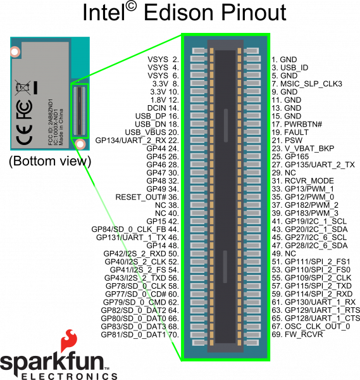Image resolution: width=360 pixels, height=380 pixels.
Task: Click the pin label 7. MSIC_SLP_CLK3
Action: point(307,84)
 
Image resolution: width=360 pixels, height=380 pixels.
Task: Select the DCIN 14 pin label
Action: point(163,108)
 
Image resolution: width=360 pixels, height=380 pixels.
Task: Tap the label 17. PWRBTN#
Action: point(297,124)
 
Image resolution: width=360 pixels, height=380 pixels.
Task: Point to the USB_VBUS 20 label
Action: point(152,132)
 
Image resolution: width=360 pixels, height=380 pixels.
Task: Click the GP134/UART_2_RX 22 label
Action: point(137,141)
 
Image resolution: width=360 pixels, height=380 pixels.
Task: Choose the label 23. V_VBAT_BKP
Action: point(303,149)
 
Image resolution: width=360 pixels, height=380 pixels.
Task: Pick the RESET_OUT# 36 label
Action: point(147,197)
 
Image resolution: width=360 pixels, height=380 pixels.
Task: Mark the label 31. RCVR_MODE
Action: point(302,181)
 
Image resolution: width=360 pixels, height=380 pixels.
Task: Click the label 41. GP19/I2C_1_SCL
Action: point(309,222)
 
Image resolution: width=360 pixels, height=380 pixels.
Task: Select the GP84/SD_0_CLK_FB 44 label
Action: point(135,229)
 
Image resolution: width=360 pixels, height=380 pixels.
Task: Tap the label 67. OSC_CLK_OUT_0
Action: point(311,327)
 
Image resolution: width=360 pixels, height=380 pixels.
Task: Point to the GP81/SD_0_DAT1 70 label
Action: point(140,334)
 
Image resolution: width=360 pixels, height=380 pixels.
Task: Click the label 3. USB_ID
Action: point(290,68)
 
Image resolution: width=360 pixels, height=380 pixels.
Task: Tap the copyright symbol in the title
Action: point(131,7)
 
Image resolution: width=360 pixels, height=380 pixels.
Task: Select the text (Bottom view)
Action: point(50,161)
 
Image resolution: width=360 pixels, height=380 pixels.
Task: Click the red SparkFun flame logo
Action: point(69,340)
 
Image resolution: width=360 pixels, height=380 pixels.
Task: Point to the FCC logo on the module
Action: point(24,110)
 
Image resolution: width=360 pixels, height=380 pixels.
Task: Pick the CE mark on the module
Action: point(24,134)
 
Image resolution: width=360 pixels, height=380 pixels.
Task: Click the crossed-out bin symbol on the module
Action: point(23,87)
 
